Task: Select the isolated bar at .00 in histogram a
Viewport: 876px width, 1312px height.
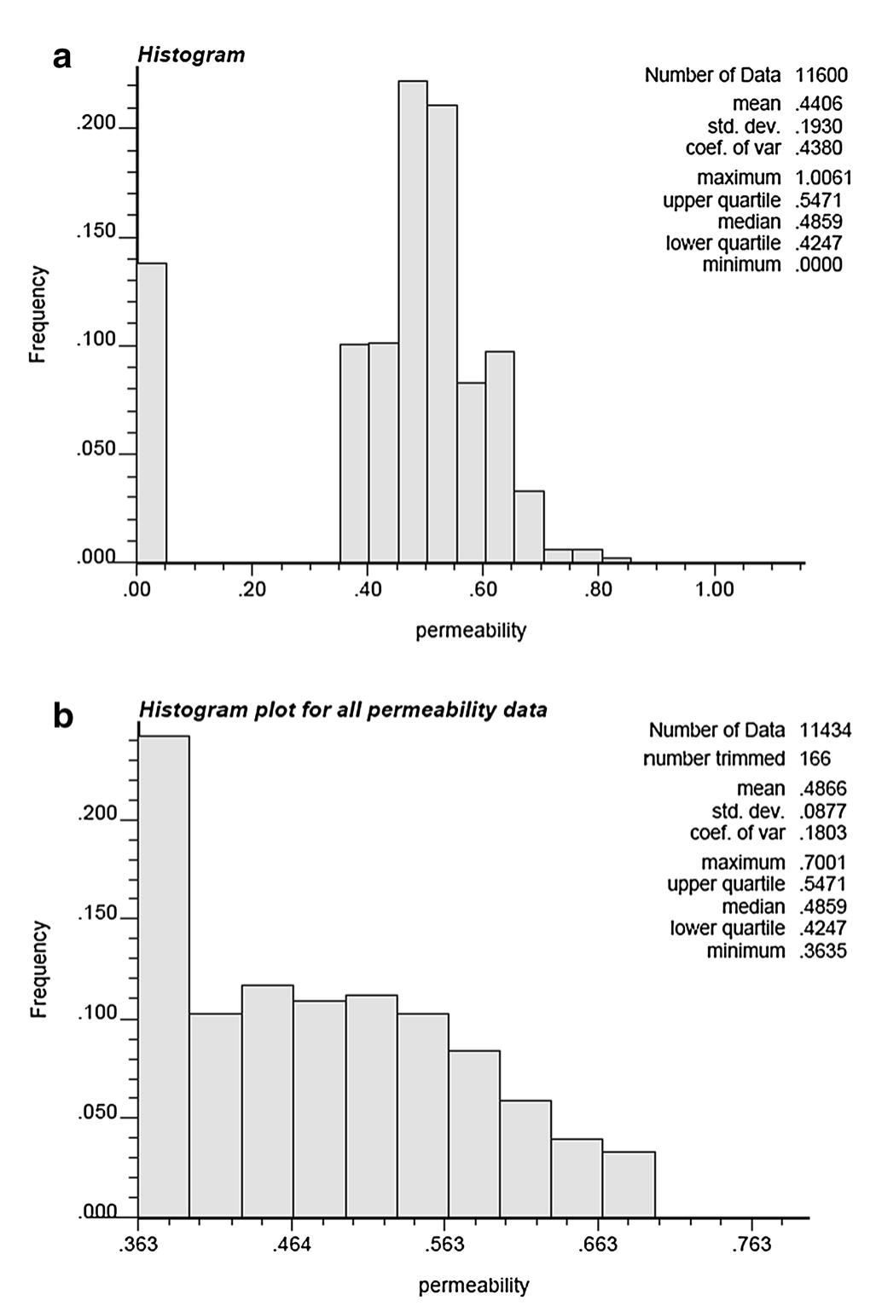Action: [x=152, y=413]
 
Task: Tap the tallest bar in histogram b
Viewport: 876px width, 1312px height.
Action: [x=164, y=976]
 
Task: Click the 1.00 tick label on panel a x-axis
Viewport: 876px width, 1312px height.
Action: [x=714, y=591]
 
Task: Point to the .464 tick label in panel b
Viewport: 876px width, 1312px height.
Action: [x=292, y=1245]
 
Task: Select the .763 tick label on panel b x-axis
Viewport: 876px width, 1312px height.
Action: [x=751, y=1245]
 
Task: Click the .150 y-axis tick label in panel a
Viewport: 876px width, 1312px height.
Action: [x=96, y=233]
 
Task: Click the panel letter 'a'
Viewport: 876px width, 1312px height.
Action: [x=62, y=57]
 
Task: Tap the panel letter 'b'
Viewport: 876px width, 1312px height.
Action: [x=63, y=715]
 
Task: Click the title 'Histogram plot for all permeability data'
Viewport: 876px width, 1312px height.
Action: [x=343, y=709]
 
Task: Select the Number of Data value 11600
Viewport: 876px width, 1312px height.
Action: [x=821, y=75]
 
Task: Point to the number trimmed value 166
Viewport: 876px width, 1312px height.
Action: [x=815, y=758]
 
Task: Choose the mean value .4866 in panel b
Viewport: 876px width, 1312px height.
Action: [x=823, y=789]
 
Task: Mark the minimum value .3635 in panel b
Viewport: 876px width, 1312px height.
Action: [x=823, y=951]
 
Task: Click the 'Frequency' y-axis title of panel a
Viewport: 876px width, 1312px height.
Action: [x=38, y=315]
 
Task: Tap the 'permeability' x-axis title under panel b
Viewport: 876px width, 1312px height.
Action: [x=473, y=1285]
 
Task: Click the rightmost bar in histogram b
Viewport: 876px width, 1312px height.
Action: [x=629, y=1184]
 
